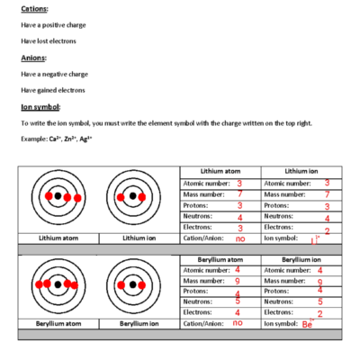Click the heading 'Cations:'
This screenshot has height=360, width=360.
(35, 8)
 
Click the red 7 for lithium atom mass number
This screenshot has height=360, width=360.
(239, 193)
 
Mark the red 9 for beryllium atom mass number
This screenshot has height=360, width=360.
(238, 280)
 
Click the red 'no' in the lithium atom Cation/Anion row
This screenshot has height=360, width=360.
(239, 239)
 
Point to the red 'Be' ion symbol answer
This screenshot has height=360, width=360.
(307, 323)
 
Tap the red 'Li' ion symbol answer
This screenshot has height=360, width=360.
(315, 241)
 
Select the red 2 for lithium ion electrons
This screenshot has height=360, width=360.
(327, 230)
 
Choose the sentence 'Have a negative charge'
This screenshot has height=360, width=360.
(55, 74)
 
